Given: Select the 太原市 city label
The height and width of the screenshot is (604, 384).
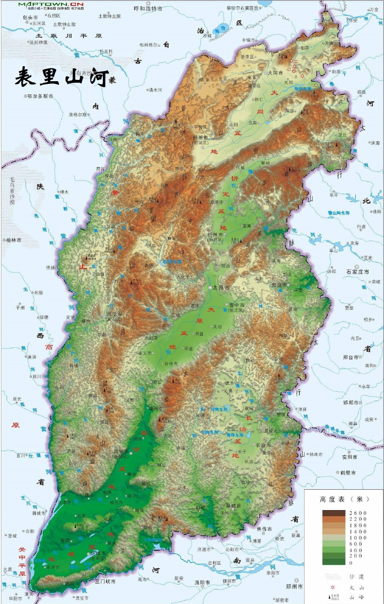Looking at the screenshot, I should click(x=221, y=287).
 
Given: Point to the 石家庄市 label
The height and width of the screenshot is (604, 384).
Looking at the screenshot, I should click(x=357, y=272).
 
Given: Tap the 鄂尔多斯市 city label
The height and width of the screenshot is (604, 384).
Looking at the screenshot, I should click(x=40, y=96).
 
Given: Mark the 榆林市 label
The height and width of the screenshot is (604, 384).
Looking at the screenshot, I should click(x=14, y=240).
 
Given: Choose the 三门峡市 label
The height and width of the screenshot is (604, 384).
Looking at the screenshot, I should click(x=105, y=581).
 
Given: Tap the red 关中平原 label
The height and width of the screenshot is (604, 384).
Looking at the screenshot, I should click(x=22, y=560).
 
